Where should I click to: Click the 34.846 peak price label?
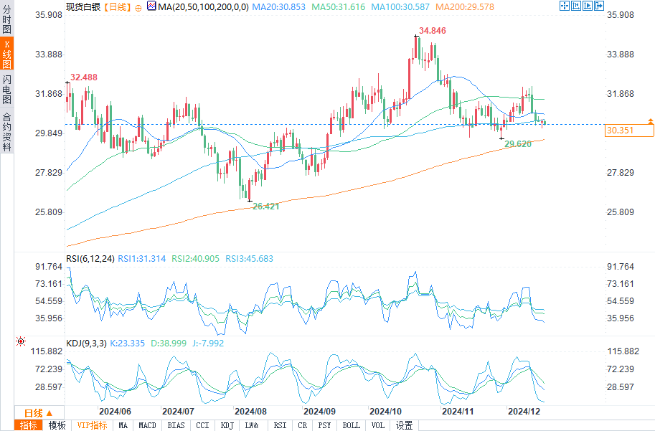click(432, 31)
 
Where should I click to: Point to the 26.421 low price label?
click(265, 206)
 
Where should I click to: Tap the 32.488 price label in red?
click(84, 77)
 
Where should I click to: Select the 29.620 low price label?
click(518, 144)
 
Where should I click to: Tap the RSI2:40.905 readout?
click(195, 258)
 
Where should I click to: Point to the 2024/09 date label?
click(319, 412)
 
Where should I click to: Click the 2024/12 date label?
click(523, 412)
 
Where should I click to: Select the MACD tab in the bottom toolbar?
click(147, 425)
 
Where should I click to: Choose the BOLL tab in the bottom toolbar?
click(352, 425)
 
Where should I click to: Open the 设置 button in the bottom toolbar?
click(404, 425)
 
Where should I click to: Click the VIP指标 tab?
click(93, 425)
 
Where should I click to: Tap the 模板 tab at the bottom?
click(57, 425)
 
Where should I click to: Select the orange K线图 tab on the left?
click(6, 54)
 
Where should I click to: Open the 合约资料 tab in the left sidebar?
click(6, 132)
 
